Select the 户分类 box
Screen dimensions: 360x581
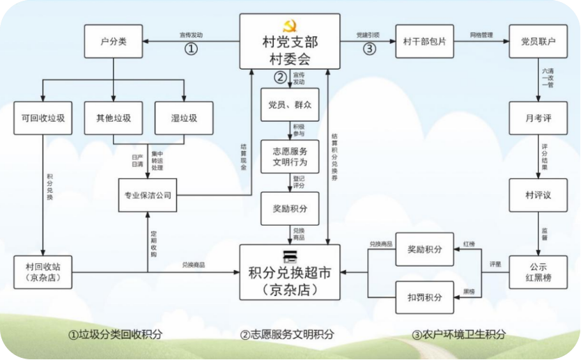click(113, 42)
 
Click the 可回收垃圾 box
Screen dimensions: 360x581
click(43, 118)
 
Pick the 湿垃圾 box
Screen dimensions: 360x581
click(185, 118)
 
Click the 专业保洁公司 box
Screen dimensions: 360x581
click(148, 195)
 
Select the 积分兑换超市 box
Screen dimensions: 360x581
click(290, 272)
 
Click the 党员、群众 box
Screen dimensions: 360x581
click(290, 104)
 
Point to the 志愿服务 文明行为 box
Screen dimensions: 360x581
click(290, 157)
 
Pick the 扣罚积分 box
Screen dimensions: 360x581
click(424, 298)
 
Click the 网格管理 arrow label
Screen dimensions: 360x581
click(481, 34)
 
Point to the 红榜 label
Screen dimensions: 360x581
click(469, 245)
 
